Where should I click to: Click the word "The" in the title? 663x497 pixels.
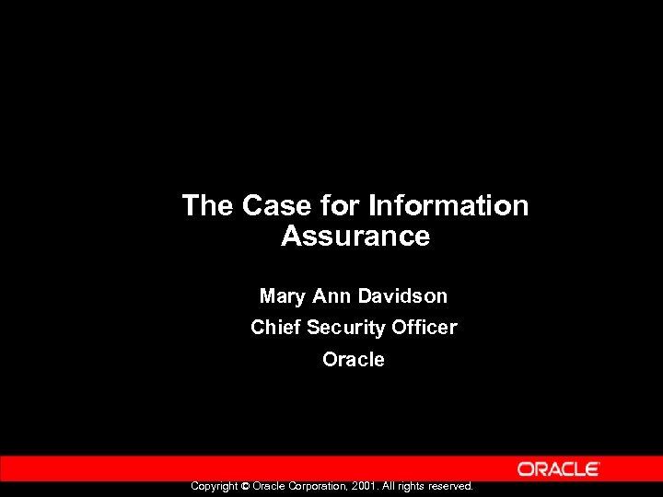[208, 205]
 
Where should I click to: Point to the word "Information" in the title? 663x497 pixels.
[448, 205]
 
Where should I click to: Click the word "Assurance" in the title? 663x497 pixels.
[355, 237]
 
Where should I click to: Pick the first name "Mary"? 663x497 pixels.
[284, 296]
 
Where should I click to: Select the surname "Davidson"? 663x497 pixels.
[402, 296]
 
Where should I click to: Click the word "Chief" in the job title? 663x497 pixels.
[275, 328]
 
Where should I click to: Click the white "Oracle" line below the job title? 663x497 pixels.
[354, 360]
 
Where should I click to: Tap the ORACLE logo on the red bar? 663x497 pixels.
[559, 469]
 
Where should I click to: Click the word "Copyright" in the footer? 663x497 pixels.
[214, 486]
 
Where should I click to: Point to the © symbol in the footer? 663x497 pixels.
[245, 486]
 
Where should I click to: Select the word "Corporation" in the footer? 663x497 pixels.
[320, 486]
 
